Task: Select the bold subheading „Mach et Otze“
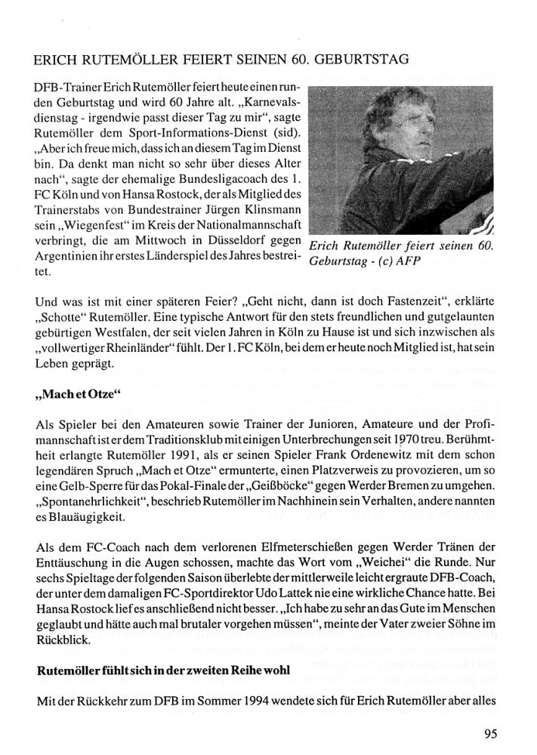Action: click(x=79, y=395)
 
